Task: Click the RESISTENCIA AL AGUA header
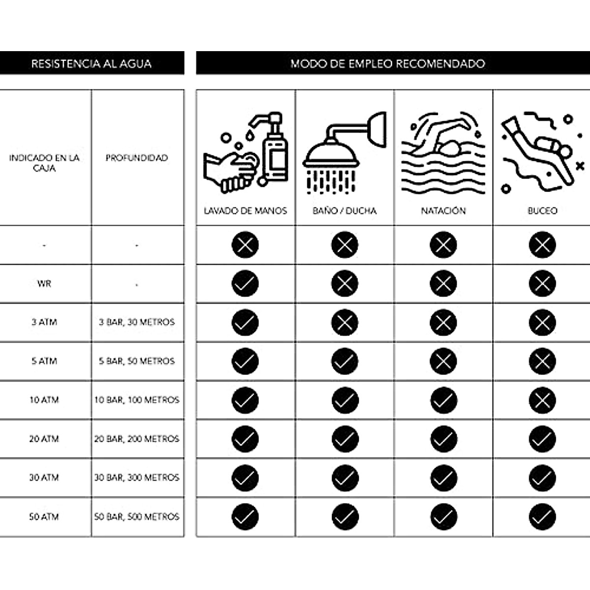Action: tap(91, 63)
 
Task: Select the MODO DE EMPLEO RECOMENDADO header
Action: tap(387, 63)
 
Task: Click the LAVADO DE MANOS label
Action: tap(245, 210)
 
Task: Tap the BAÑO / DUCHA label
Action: tap(344, 210)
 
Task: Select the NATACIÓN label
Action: tap(443, 210)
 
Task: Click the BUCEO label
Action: tap(542, 210)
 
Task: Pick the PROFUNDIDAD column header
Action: tap(137, 158)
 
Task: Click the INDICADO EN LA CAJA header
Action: tap(44, 163)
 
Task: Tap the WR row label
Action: tap(44, 284)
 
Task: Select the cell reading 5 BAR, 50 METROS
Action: tap(137, 361)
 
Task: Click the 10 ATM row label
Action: tap(44, 400)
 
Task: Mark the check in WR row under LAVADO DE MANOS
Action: tap(245, 284)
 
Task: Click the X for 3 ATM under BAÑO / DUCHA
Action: tap(345, 323)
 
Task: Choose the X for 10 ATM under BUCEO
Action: tap(542, 400)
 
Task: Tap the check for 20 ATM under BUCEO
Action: tap(542, 439)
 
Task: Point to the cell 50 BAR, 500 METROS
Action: tap(137, 517)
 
